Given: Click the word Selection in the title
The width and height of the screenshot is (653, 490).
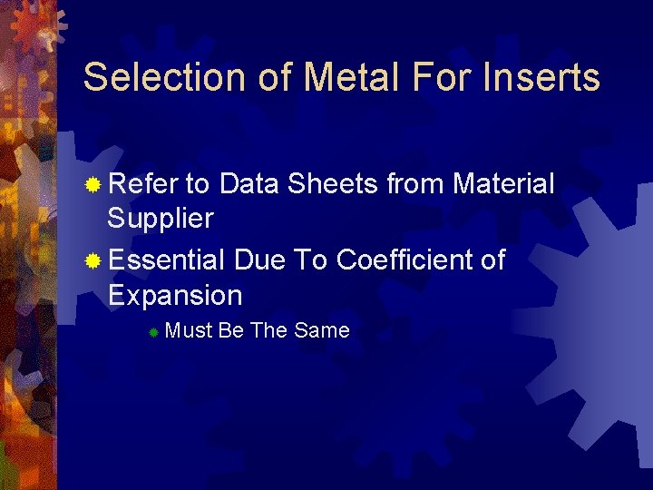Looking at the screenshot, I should tap(159, 77).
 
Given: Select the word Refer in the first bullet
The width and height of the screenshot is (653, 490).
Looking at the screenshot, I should tap(142, 184).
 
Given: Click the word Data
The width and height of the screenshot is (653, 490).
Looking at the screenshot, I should tap(249, 184).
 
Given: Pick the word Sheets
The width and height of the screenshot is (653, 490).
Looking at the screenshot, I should tap(333, 184).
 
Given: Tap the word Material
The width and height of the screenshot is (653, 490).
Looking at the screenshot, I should tap(503, 184).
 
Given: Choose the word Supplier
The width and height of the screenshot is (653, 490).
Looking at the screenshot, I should tap(161, 219).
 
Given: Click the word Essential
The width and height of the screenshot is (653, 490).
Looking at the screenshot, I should tap(166, 260).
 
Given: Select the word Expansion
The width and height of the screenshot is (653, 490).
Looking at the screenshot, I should tap(175, 296).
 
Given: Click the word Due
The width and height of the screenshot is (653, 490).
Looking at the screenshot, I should tap(259, 260).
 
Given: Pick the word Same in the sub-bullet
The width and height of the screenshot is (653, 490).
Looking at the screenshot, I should tap(322, 331).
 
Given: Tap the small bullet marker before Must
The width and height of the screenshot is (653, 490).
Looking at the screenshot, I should tap(154, 333).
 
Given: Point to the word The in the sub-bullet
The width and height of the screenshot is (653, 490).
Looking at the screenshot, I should tap(268, 331).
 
